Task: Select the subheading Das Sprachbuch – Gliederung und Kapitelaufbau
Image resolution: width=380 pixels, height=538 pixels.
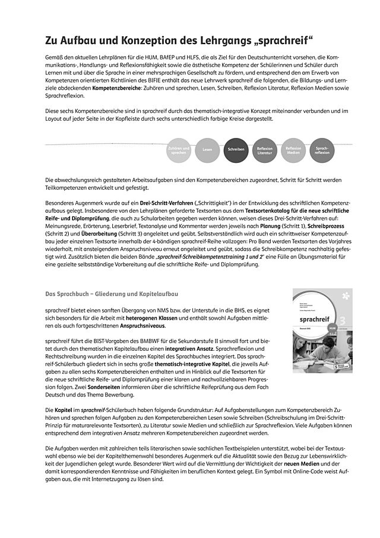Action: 112,294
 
